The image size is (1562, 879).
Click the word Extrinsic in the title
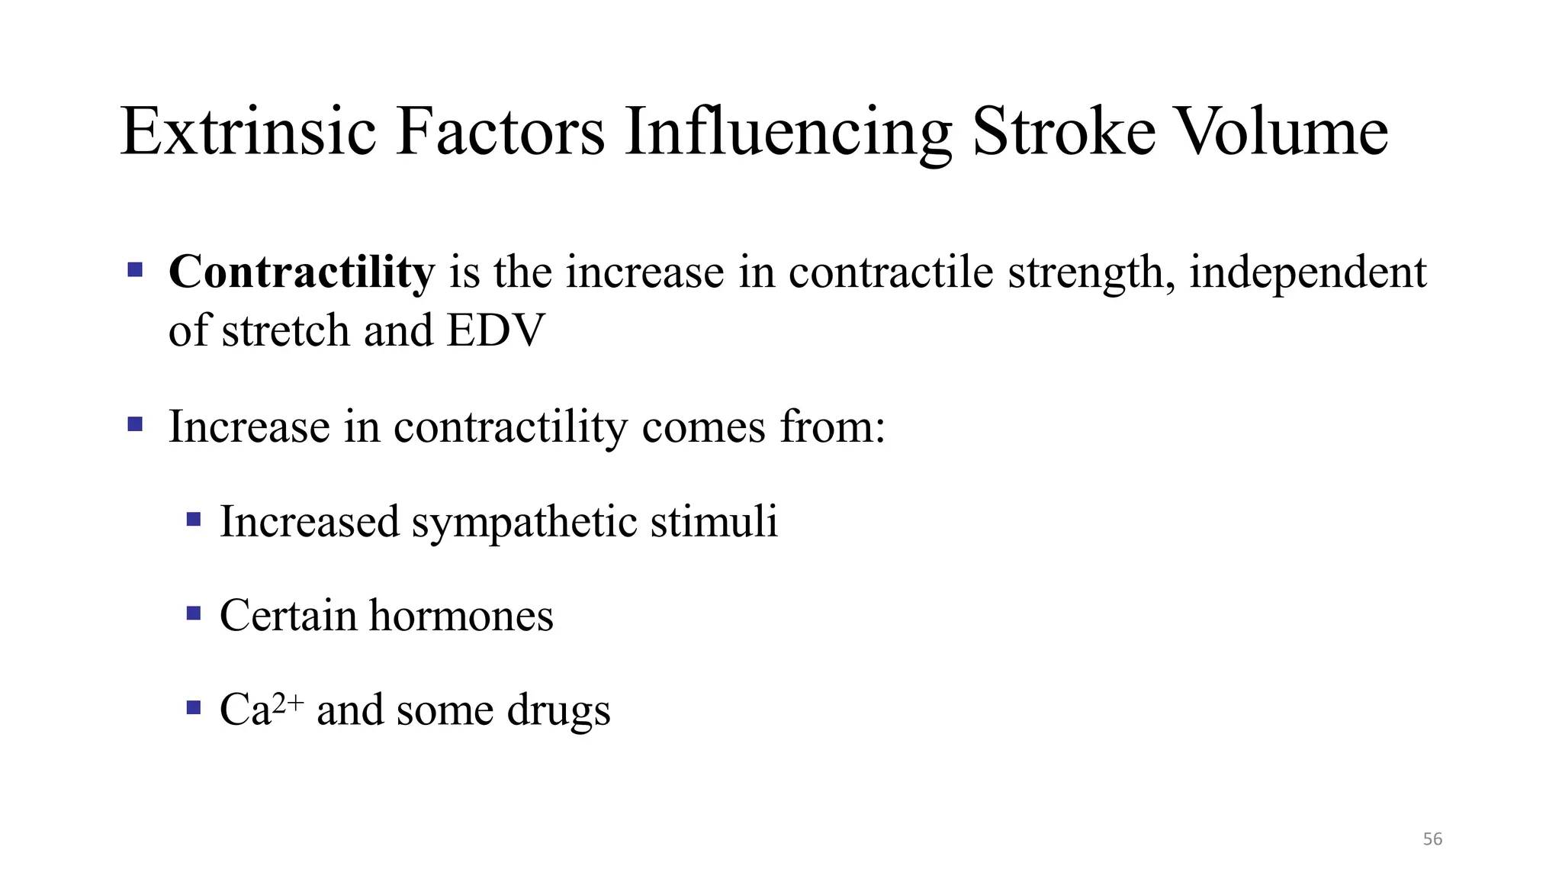[x=249, y=132]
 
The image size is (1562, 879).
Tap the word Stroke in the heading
[x=1064, y=132]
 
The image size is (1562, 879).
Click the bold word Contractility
[x=301, y=272]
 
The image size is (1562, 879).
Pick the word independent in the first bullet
[x=1307, y=272]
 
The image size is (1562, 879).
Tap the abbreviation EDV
[x=496, y=331]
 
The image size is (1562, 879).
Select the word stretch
[x=285, y=331]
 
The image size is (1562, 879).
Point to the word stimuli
[x=714, y=522]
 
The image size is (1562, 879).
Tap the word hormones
[x=461, y=616]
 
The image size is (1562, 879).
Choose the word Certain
[x=288, y=616]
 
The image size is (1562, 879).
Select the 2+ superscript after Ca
[x=288, y=701]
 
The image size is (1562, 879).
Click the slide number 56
[x=1432, y=839]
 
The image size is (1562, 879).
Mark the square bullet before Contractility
[x=135, y=269]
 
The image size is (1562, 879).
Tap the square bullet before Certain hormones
[x=194, y=613]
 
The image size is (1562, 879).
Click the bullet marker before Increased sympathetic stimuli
[x=194, y=520]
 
